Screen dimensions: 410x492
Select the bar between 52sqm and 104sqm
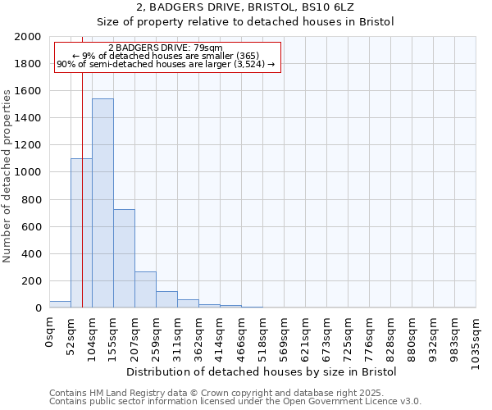click(81, 233)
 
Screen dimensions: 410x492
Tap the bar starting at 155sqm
click(124, 258)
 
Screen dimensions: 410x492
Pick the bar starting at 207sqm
click(145, 289)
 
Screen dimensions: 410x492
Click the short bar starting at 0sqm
click(60, 304)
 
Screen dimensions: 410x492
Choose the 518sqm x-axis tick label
click(262, 336)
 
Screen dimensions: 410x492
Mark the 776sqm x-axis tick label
click(369, 336)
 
